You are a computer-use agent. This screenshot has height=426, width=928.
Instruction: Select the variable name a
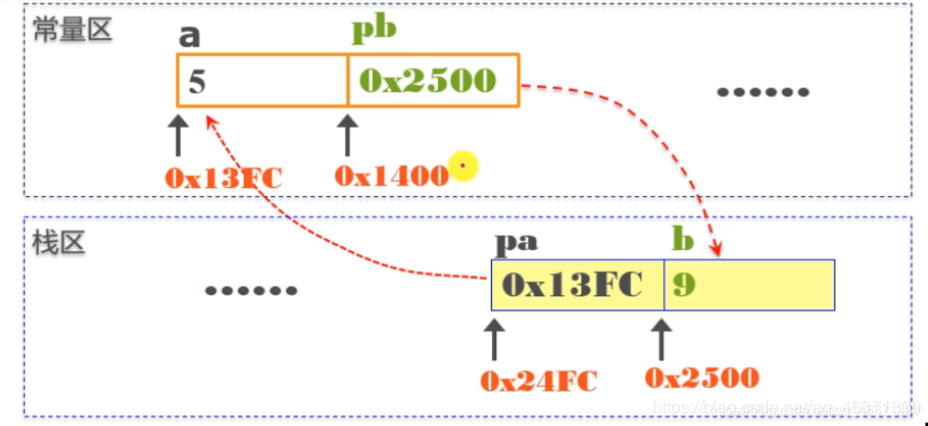188,36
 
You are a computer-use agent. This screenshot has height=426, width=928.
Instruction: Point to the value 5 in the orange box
198,81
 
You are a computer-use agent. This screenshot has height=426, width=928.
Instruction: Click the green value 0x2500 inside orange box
427,80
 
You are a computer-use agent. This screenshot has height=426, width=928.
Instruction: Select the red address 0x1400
392,175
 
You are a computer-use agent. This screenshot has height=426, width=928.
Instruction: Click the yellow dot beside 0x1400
464,165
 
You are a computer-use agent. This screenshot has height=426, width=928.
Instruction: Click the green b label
682,240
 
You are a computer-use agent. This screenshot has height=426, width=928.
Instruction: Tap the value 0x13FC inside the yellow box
572,284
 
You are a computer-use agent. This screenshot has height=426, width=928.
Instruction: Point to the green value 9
684,285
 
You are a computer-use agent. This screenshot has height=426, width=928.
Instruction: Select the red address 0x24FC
538,380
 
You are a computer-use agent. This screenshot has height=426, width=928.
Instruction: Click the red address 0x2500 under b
702,377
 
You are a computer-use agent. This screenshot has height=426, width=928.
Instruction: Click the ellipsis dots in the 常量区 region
763,92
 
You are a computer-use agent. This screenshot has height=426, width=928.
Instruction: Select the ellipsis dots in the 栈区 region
250,290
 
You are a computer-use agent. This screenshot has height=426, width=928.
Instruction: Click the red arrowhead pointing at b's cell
716,250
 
